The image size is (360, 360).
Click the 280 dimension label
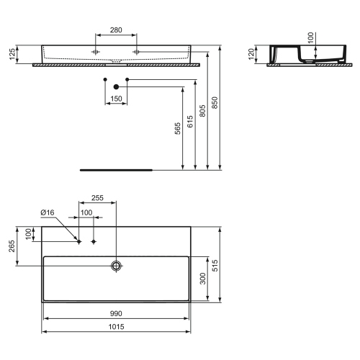116,30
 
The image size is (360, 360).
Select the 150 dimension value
116,97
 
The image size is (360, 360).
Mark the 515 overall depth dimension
213,264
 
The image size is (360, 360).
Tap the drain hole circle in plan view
116,266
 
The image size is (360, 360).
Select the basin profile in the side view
295,55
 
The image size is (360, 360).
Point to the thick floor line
115,171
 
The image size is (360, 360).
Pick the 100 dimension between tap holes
86,213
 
